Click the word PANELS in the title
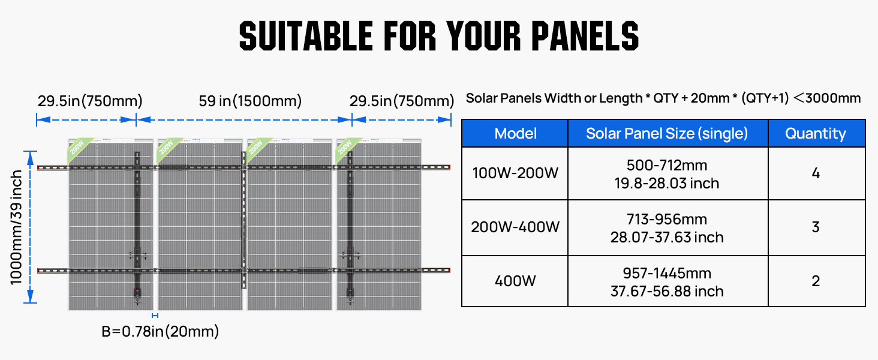click(x=585, y=35)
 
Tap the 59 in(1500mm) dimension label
click(x=250, y=101)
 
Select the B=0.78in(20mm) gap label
click(x=160, y=331)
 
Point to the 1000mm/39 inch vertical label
click(x=16, y=227)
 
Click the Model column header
click(x=515, y=133)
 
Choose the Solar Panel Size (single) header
click(x=667, y=133)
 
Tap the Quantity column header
click(x=816, y=133)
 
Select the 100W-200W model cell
click(x=515, y=173)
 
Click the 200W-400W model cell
click(x=515, y=227)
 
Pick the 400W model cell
click(x=515, y=281)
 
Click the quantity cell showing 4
click(x=816, y=173)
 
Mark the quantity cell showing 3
click(x=816, y=227)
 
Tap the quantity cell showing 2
click(x=816, y=281)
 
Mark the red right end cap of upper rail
click(x=449, y=167)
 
